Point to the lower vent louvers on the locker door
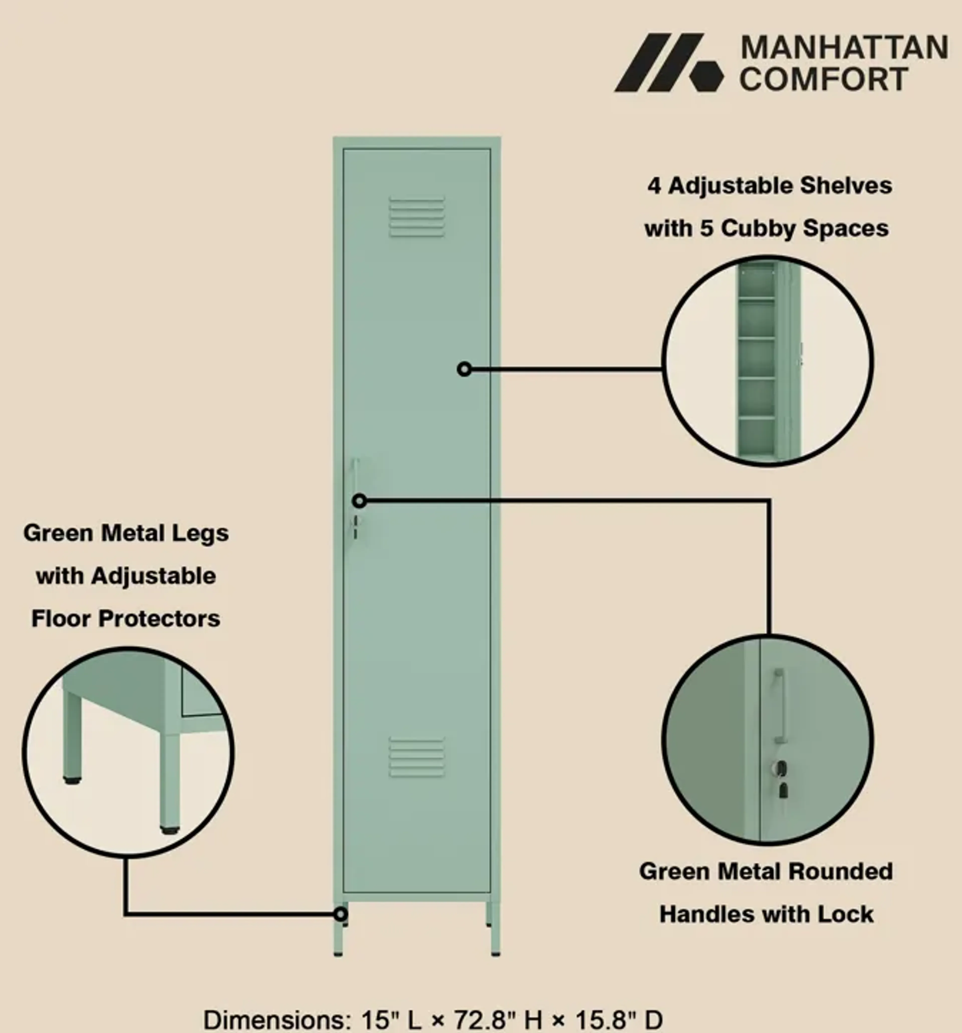(417, 757)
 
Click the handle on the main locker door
(355, 481)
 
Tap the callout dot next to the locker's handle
(359, 501)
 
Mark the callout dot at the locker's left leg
(340, 914)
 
